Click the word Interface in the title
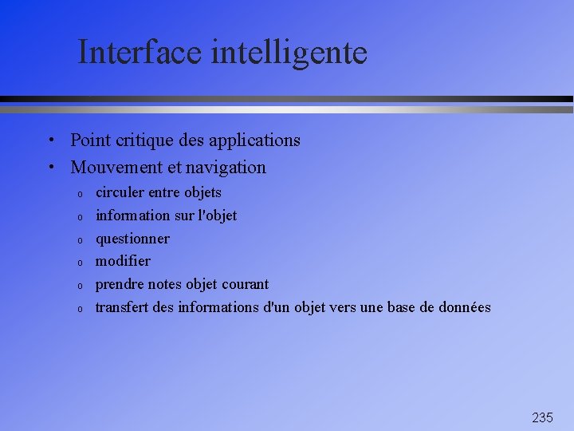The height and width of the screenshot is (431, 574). [x=141, y=53]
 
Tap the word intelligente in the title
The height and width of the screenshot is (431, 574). [x=289, y=53]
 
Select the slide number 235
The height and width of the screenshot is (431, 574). [x=542, y=417]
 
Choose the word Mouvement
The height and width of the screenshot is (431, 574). [x=116, y=168]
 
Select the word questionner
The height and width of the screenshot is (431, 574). [x=132, y=239]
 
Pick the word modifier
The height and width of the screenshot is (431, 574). [x=123, y=261]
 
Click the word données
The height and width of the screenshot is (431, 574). [x=464, y=307]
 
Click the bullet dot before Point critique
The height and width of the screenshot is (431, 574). [x=50, y=141]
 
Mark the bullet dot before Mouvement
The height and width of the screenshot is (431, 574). [x=50, y=168]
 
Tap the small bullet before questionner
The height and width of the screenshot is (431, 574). [x=81, y=239]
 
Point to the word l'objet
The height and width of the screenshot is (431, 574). [x=217, y=215]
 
